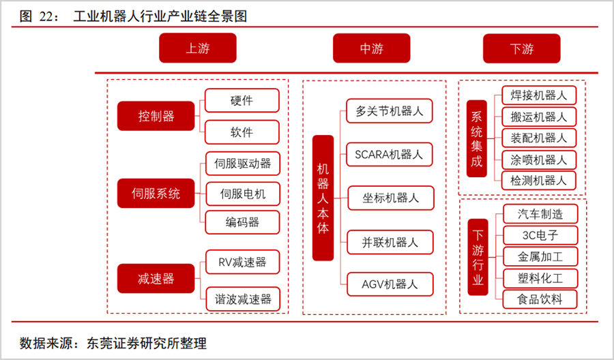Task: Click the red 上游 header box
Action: [198, 48]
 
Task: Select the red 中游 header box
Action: [372, 48]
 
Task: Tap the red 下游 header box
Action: [522, 48]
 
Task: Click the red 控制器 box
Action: [156, 116]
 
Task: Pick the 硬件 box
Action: [242, 100]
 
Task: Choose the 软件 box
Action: [242, 132]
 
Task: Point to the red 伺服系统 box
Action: [156, 194]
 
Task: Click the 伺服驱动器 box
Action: [243, 164]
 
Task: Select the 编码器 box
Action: [242, 222]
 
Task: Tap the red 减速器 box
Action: [156, 279]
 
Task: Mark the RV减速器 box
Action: [243, 262]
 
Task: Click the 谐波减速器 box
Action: [243, 299]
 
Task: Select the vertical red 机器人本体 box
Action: [323, 198]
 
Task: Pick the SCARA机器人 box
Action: [390, 155]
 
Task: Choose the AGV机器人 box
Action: [390, 284]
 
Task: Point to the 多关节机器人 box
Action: [390, 111]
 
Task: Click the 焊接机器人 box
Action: [539, 95]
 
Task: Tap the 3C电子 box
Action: [540, 235]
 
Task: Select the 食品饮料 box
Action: [540, 299]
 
